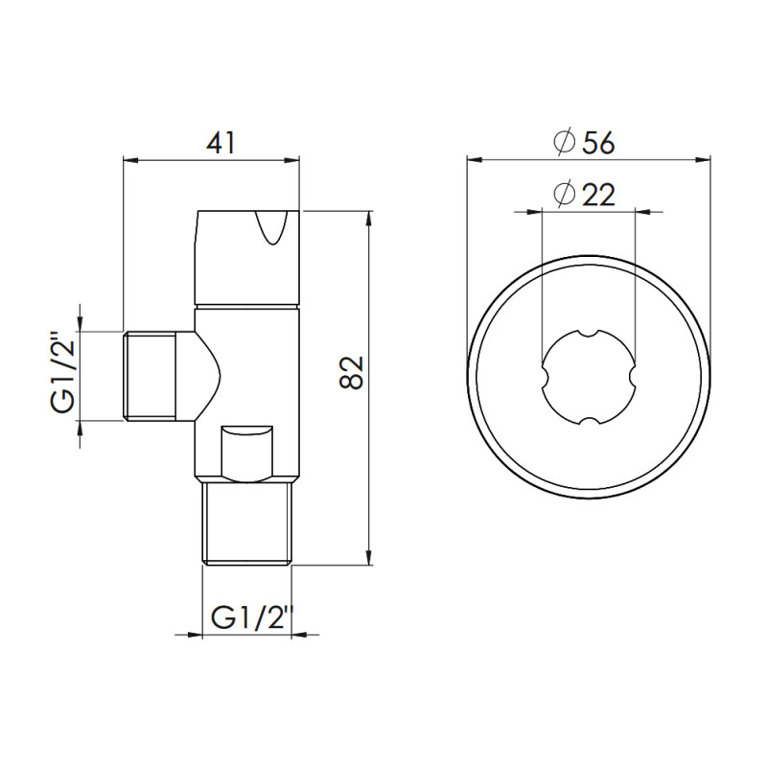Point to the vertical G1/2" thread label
point(63,374)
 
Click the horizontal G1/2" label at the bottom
point(250,618)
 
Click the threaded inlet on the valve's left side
point(151,374)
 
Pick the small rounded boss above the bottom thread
point(246,453)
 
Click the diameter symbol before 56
point(565,143)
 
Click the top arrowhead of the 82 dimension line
point(368,220)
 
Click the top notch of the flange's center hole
point(588,333)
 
